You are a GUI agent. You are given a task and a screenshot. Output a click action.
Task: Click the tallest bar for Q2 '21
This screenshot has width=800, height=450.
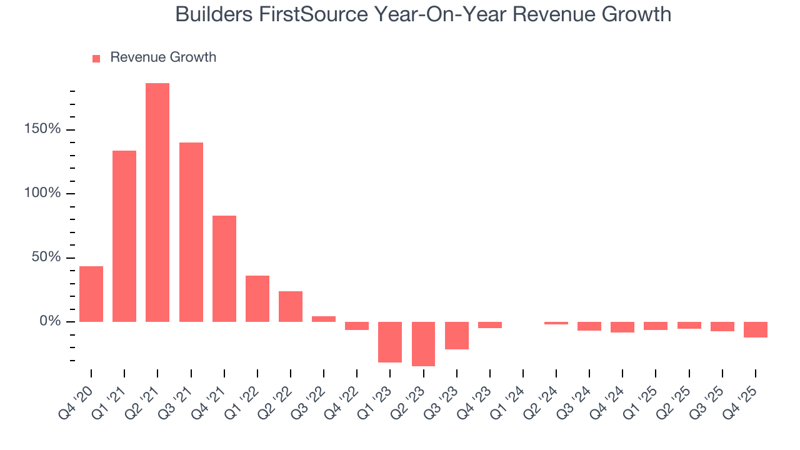coord(157,202)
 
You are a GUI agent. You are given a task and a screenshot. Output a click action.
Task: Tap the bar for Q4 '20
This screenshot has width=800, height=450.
coord(91,294)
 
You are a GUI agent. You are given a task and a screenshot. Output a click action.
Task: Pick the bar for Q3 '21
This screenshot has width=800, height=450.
coord(191,232)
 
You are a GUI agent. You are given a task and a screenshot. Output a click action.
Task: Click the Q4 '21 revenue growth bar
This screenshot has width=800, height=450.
coord(224,269)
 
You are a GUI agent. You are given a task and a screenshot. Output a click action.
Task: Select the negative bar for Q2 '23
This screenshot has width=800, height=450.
coord(423,344)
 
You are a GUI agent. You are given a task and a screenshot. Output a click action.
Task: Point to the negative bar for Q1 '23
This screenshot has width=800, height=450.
coord(390,342)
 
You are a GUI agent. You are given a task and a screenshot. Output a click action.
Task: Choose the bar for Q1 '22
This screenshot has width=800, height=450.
coord(257,299)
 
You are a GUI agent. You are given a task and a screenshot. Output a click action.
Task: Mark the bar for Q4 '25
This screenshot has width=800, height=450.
coord(756,329)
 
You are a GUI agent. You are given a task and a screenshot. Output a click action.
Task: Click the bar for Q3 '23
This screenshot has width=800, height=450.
coord(457,336)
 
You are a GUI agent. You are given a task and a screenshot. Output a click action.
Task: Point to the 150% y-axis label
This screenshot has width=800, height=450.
coord(42,129)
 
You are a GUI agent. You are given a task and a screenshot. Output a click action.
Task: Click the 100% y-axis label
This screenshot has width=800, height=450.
coord(42,193)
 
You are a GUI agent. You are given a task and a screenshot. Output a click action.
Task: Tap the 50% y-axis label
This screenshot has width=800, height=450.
coord(46,257)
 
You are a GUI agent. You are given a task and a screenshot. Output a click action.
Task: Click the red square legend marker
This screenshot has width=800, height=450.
coord(96,58)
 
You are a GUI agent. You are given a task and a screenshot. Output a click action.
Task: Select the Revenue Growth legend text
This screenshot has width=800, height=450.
coord(163,57)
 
